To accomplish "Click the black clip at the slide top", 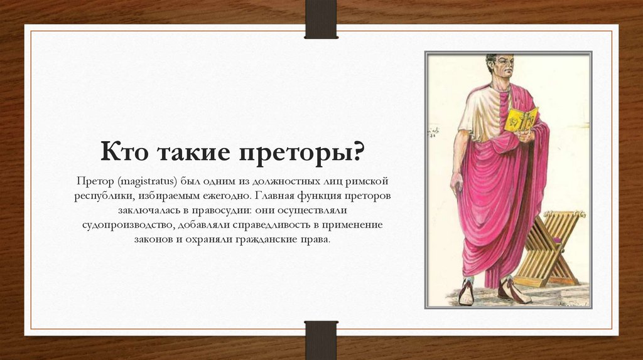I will [x=321, y=19].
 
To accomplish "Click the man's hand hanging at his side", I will [x=457, y=183].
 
